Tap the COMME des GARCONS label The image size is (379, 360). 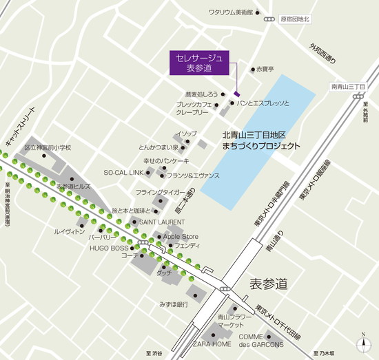click(261, 340)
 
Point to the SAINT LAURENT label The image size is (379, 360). click(162, 222)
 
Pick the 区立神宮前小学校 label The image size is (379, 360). click(48, 147)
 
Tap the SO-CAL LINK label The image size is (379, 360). click(123, 172)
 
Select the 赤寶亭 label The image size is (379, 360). click(265, 69)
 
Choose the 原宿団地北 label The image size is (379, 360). click(296, 20)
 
